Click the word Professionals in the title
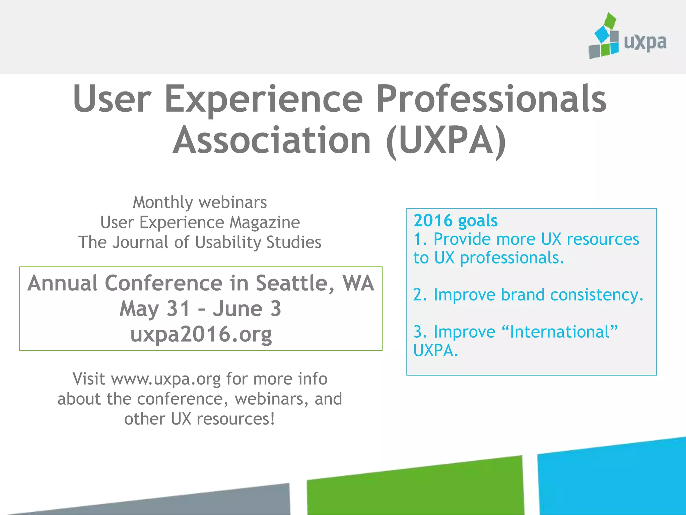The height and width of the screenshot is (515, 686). pos(491,99)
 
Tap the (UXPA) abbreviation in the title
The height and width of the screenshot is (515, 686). pos(446,141)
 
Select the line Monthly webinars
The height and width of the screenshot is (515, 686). pos(200,203)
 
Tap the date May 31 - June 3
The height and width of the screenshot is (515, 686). pos(200,308)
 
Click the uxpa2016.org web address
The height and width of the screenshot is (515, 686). pos(201,334)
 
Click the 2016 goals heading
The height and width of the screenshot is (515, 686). pos(456,221)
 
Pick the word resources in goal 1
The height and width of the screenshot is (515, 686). pos(603,239)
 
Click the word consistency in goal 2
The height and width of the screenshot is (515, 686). pos(597,295)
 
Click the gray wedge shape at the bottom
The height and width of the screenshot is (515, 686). pos(234,501)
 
